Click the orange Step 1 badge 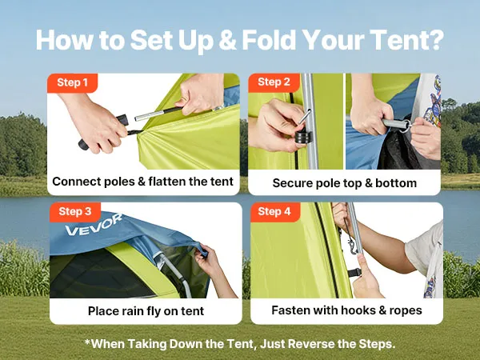point(72,82)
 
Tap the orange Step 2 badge point(274,82)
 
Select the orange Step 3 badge point(75,211)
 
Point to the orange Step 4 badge point(275,211)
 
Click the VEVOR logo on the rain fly point(94,225)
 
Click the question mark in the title point(436,40)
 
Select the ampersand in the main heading point(227,41)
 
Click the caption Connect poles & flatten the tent point(142,182)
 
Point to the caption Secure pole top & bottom point(344,183)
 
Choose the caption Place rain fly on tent point(146,311)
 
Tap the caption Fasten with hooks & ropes point(346,310)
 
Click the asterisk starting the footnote point(87,342)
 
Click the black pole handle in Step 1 point(103,132)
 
